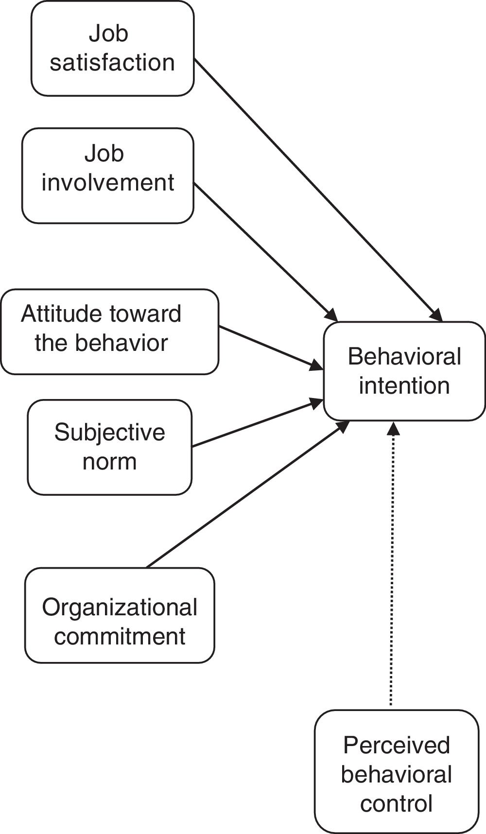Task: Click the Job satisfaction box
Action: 113,48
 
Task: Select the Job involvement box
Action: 108,176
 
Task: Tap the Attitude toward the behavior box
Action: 110,332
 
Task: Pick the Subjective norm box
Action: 110,447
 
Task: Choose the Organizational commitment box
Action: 120,615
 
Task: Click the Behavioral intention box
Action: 404,371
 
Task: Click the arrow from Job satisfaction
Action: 318,190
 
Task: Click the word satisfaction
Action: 112,63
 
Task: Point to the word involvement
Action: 108,183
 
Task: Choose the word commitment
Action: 120,636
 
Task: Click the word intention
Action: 404,385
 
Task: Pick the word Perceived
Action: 397,746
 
